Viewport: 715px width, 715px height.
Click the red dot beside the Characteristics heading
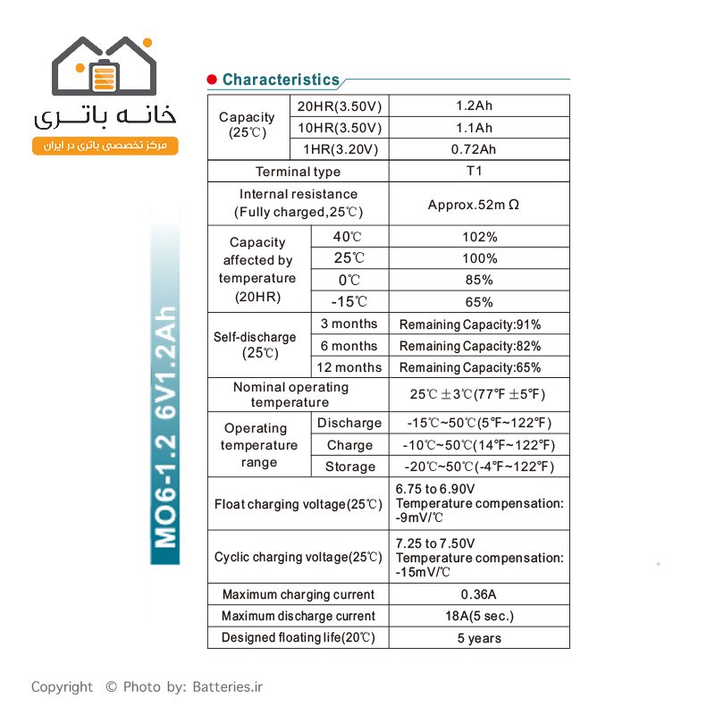(x=212, y=80)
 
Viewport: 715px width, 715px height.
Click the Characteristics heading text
(x=281, y=80)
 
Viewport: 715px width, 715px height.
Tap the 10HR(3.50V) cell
(x=340, y=128)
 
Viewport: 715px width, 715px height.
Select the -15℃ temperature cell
(x=349, y=302)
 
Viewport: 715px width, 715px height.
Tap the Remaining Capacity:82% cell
(x=470, y=346)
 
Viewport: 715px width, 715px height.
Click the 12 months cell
(x=350, y=367)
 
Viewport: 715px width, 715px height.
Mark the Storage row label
(x=350, y=467)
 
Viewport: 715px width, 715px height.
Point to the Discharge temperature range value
(x=479, y=423)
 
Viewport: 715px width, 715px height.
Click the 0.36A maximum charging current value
(x=480, y=594)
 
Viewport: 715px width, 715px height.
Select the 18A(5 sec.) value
(x=480, y=616)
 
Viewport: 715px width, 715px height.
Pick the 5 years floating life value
(x=479, y=638)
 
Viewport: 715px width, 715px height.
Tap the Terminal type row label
(x=298, y=172)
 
